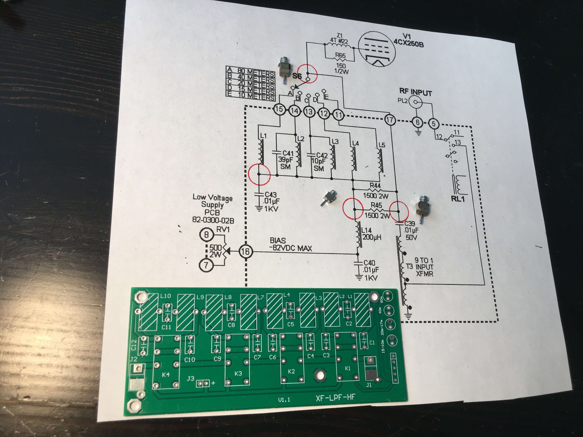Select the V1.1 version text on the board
tap(284, 400)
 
